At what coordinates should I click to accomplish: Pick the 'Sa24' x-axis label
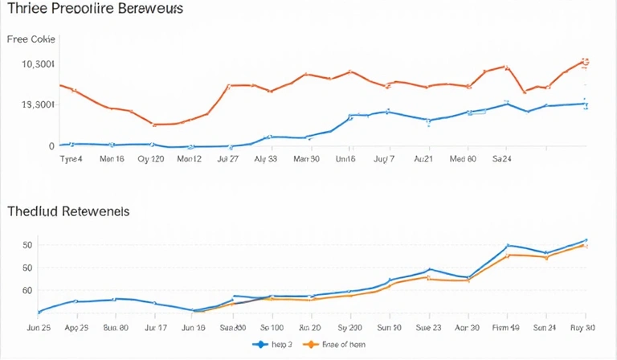tap(503, 159)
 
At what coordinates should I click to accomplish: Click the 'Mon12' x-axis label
tap(189, 159)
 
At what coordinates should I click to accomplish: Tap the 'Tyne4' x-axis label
tap(72, 159)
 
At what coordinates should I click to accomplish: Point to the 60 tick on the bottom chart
tap(27, 290)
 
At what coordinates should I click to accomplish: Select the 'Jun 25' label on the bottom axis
tap(39, 328)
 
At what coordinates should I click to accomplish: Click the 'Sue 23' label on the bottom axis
tap(428, 328)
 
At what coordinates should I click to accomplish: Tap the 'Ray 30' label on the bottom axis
tap(582, 328)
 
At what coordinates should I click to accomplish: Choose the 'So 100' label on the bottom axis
tap(272, 328)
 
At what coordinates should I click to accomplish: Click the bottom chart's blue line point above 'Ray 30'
tap(586, 240)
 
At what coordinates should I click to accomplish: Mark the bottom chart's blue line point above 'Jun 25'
tap(39, 311)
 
